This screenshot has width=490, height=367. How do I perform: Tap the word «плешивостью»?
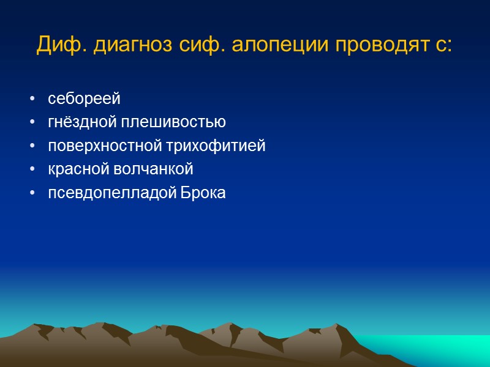(173, 122)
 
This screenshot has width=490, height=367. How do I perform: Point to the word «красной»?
(77, 169)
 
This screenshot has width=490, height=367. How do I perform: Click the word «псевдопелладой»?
(111, 193)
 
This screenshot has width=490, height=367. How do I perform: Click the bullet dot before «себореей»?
(31, 99)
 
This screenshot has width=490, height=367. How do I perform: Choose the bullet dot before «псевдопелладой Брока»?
(31, 194)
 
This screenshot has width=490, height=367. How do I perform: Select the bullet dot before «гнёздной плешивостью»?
(31, 123)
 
